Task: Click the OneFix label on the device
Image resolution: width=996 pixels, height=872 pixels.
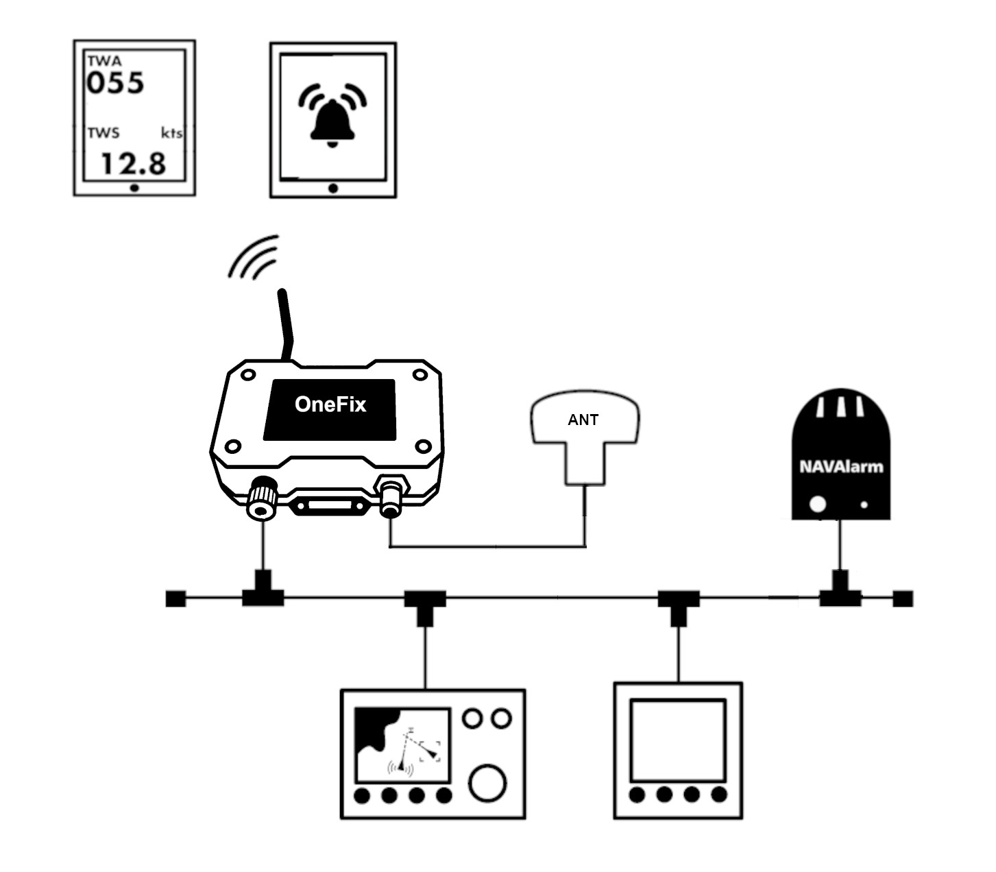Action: coord(330,404)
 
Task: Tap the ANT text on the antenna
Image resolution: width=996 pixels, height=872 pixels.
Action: coord(583,420)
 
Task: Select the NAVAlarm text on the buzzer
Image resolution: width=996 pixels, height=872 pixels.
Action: coord(841,468)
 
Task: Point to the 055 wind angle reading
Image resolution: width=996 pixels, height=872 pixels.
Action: coord(115,83)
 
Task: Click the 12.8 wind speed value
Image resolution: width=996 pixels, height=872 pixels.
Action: coord(134,164)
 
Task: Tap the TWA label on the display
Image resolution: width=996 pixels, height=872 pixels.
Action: coord(104,61)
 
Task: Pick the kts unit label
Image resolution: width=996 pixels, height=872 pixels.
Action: coord(171,132)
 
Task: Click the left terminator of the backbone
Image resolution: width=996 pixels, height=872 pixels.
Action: coord(175,598)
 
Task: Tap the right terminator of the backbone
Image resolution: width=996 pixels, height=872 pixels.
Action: coord(903,598)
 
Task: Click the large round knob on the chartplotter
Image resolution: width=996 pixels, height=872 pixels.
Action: coord(488,782)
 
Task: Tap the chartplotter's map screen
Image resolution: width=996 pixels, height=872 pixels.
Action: coord(402,746)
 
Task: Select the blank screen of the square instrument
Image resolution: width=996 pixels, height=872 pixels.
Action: coord(677,740)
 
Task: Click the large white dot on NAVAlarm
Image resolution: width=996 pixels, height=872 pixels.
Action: coord(818,504)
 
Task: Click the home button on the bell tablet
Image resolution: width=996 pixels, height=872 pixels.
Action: coord(333,189)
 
